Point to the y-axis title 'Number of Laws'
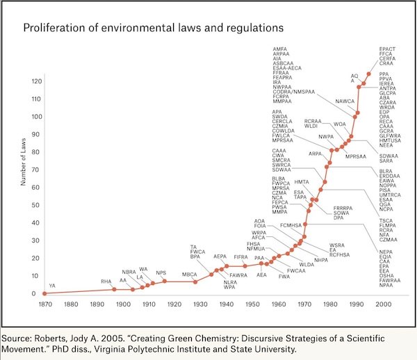point(23,161)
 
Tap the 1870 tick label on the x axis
point(45,304)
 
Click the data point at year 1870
point(45,293)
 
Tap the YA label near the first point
point(52,286)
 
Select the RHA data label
point(106,281)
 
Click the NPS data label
point(161,272)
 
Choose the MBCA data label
point(190,275)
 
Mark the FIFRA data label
point(240,258)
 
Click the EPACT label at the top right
point(387,49)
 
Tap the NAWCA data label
point(345,101)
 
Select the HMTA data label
point(302,181)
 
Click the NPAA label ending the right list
point(386,285)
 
